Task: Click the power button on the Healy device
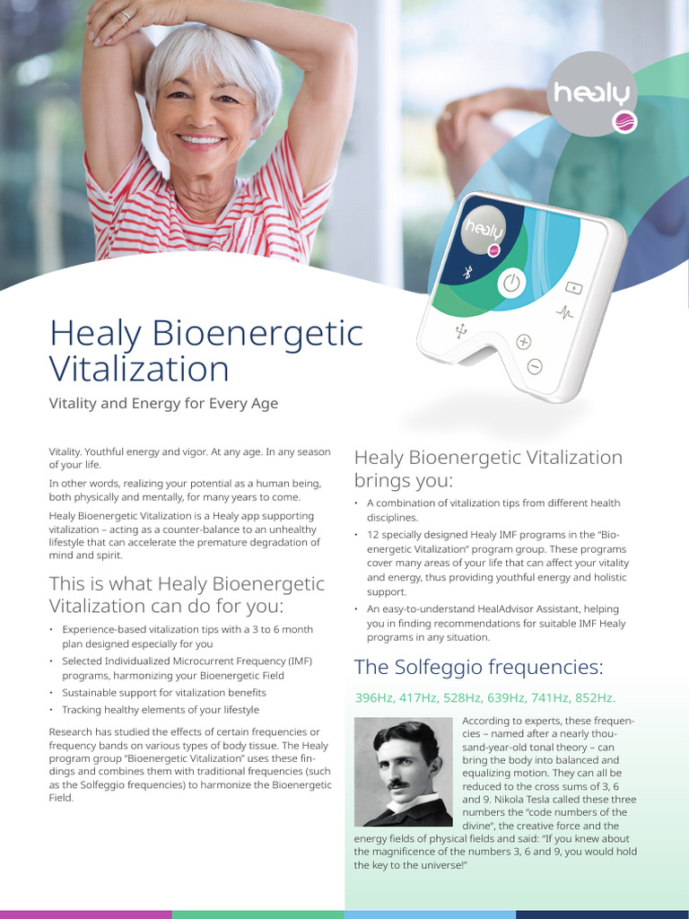[510, 284]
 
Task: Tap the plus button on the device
[524, 341]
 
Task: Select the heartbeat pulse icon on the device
[564, 313]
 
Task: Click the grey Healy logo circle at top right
[593, 92]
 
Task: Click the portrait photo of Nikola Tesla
[403, 772]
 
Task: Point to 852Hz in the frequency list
[594, 697]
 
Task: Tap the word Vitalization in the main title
[139, 369]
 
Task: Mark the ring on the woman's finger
[126, 15]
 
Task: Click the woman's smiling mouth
[200, 140]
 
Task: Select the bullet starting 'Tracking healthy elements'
[161, 709]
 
